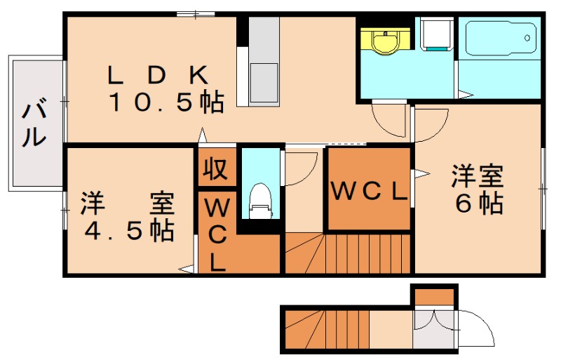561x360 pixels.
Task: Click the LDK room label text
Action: [x=158, y=74]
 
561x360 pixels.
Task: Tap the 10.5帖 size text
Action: [x=165, y=103]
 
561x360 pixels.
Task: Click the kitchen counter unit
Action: [x=264, y=60]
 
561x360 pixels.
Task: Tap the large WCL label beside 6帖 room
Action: [x=369, y=191]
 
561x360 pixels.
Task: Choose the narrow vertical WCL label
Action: [x=217, y=235]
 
